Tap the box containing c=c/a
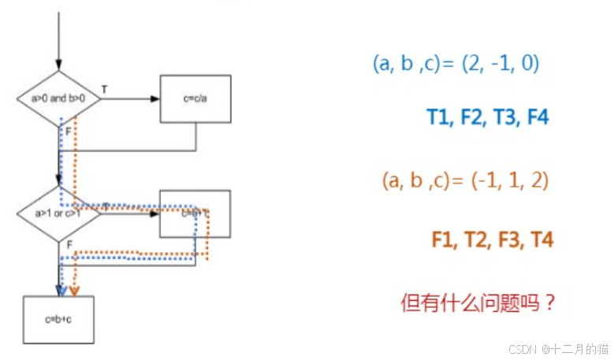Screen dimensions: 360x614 (195, 99)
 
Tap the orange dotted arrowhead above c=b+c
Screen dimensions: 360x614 (74, 291)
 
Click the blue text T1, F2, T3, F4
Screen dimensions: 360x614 (487, 118)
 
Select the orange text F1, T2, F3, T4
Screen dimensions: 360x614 (492, 239)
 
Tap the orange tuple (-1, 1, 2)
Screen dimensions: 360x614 (508, 180)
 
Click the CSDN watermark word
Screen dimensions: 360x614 (523, 348)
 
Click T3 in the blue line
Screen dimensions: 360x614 (505, 118)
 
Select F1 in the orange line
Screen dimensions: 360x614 (444, 239)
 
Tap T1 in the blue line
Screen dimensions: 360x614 (438, 118)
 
